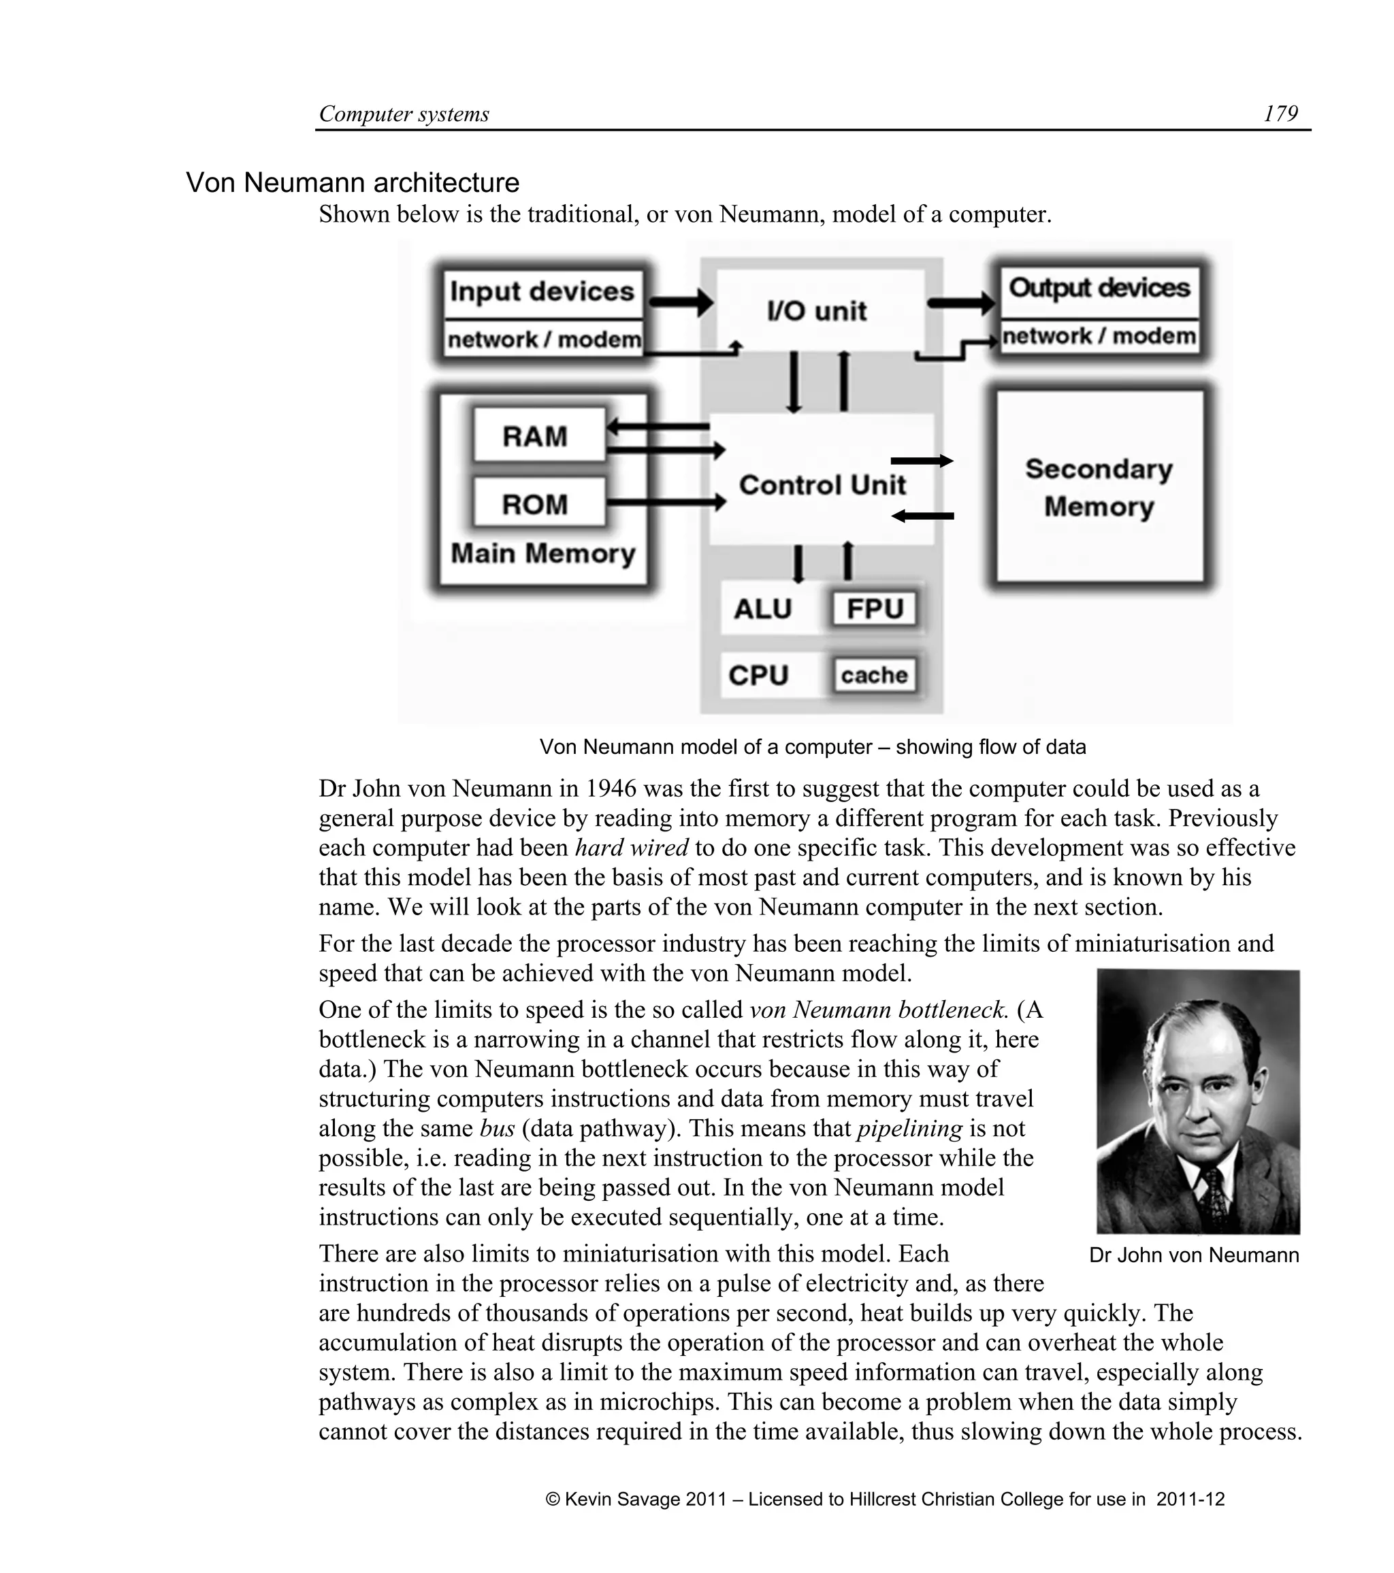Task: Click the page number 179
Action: (x=1280, y=114)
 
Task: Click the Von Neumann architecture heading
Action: (x=353, y=183)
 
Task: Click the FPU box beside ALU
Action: (x=875, y=609)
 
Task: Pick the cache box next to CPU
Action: (x=875, y=675)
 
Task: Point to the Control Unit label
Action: (x=822, y=485)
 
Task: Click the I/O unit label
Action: (x=817, y=311)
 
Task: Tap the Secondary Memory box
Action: (x=1099, y=487)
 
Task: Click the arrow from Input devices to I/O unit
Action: (x=681, y=301)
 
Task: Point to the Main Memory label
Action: (x=542, y=553)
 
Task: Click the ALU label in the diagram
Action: (x=762, y=609)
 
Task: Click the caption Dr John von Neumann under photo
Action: (x=1193, y=1255)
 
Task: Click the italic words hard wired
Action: (x=631, y=848)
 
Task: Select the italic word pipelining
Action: (x=909, y=1128)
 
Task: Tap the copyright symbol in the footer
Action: (x=552, y=1499)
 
